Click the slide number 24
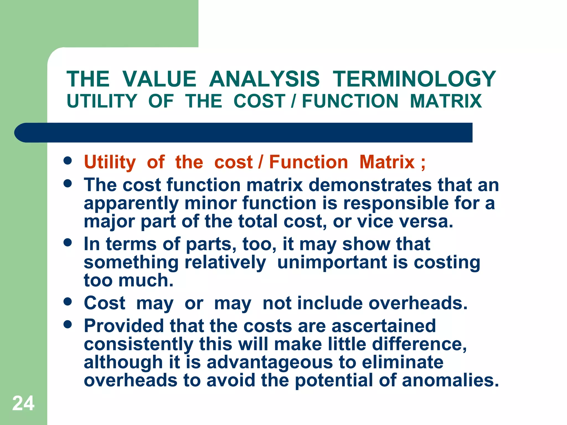(23, 403)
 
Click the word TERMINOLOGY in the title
(414, 79)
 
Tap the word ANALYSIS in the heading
(264, 79)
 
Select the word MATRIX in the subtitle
(446, 101)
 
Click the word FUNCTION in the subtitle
(350, 101)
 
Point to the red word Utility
(110, 162)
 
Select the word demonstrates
(370, 185)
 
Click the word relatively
(225, 262)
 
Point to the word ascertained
(383, 326)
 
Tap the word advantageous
(270, 362)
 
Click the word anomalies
(450, 380)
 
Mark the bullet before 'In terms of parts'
(68, 243)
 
